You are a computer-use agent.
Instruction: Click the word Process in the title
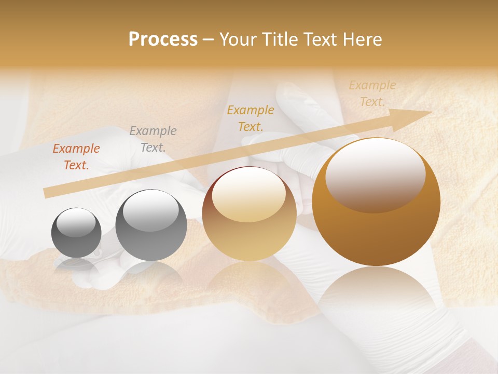(x=163, y=39)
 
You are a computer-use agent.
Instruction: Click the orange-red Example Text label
(x=76, y=157)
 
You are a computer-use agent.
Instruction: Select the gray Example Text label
(x=153, y=139)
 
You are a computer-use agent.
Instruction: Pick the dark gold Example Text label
(x=251, y=118)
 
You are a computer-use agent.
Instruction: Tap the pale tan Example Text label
(x=372, y=94)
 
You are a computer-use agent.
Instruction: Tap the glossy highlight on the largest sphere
(x=375, y=175)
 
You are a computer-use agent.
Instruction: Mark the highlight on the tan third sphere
(x=248, y=195)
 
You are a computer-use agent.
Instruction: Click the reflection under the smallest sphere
(x=76, y=266)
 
